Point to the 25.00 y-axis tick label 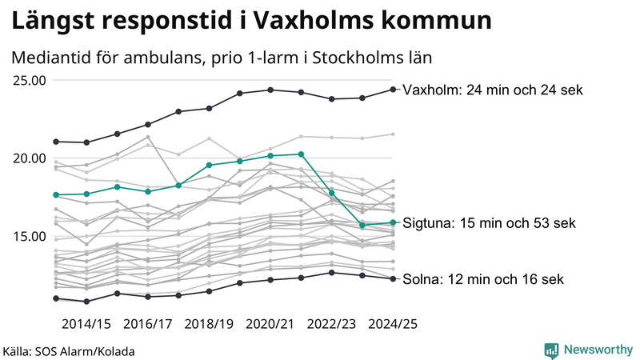[x=29, y=80]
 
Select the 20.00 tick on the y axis [x=29, y=158]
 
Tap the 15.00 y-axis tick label [x=29, y=236]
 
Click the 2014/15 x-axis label [x=86, y=324]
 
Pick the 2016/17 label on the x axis [x=148, y=324]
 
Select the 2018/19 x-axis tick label [x=210, y=324]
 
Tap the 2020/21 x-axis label [x=270, y=324]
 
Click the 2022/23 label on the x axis [x=332, y=324]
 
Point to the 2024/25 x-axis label [x=393, y=324]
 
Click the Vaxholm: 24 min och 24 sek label [x=493, y=90]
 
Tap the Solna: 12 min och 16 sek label [x=484, y=279]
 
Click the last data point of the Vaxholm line [x=393, y=90]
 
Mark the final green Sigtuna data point [x=393, y=222]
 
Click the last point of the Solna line [x=393, y=278]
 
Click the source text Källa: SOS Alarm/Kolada [x=69, y=351]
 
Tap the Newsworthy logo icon [x=551, y=350]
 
